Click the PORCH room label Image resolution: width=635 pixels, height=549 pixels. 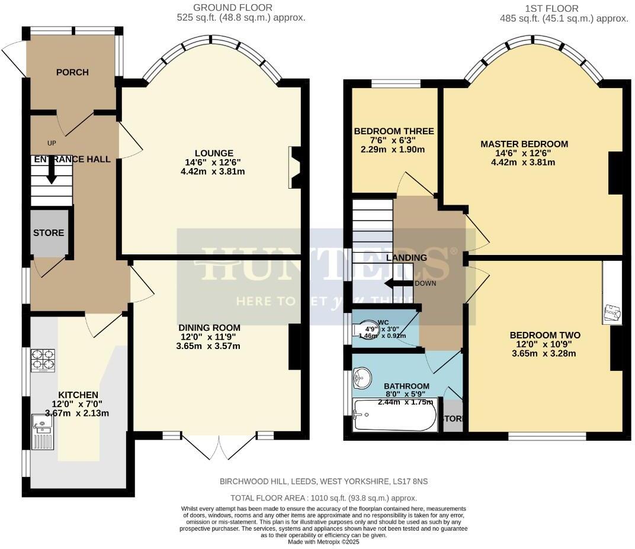coord(72,72)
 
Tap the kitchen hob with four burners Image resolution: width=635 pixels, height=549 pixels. coord(43,360)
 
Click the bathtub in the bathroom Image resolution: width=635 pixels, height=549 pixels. coord(395,414)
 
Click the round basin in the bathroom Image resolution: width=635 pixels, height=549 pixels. coord(361,376)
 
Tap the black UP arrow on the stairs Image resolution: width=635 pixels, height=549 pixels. coord(52,171)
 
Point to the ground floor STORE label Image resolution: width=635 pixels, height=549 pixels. coord(49,232)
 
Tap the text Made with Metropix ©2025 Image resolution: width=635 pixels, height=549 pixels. coord(323,542)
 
